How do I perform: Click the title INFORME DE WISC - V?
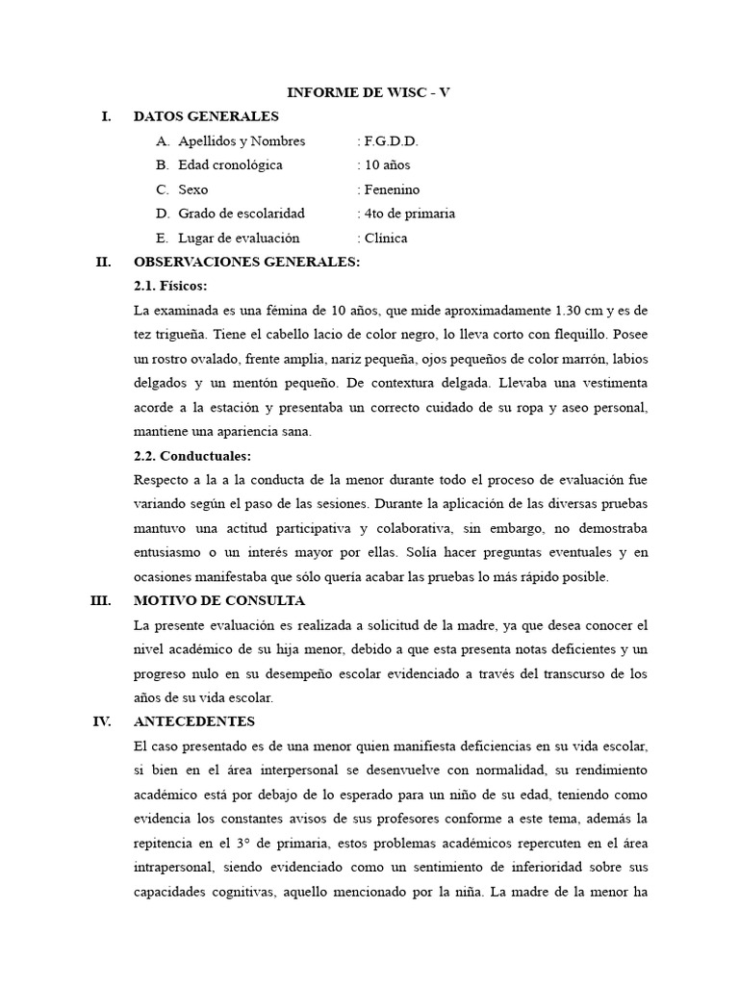coord(369,92)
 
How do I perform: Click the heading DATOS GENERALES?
coord(206,116)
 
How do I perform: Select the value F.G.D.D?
coord(390,141)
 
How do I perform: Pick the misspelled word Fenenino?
coord(391,189)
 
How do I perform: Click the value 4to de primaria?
coord(408,214)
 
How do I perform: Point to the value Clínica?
coord(384,238)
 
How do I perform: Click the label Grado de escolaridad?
coord(242,214)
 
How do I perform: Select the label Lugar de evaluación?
coord(239,238)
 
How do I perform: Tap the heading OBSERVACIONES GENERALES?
coord(246,262)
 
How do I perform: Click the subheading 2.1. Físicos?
coord(170,286)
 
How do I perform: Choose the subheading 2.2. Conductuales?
coord(192,455)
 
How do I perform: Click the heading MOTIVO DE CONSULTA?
coord(219,600)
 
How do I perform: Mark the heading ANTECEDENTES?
coord(194,720)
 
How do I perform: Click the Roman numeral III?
coord(100,600)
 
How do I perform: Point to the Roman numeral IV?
coord(101,720)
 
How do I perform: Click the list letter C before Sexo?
coord(162,189)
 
